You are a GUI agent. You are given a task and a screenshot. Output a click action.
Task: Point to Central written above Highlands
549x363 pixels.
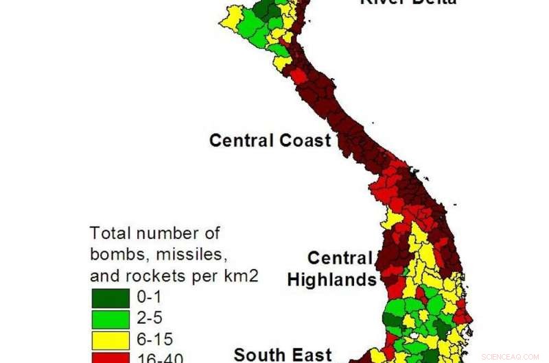click(339, 258)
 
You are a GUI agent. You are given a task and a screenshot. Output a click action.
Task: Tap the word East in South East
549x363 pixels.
click(309, 355)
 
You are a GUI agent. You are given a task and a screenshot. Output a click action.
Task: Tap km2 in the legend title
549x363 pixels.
click(237, 276)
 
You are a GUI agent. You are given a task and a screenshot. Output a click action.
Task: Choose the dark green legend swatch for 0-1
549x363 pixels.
click(110, 298)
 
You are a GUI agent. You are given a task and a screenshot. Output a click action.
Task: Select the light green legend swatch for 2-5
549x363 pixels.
click(110, 318)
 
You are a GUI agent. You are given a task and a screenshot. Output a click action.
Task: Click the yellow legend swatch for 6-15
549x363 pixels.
click(110, 339)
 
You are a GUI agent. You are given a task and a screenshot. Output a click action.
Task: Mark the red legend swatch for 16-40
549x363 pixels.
click(110, 358)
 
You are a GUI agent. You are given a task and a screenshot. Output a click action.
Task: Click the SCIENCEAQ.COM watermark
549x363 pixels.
click(510, 357)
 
